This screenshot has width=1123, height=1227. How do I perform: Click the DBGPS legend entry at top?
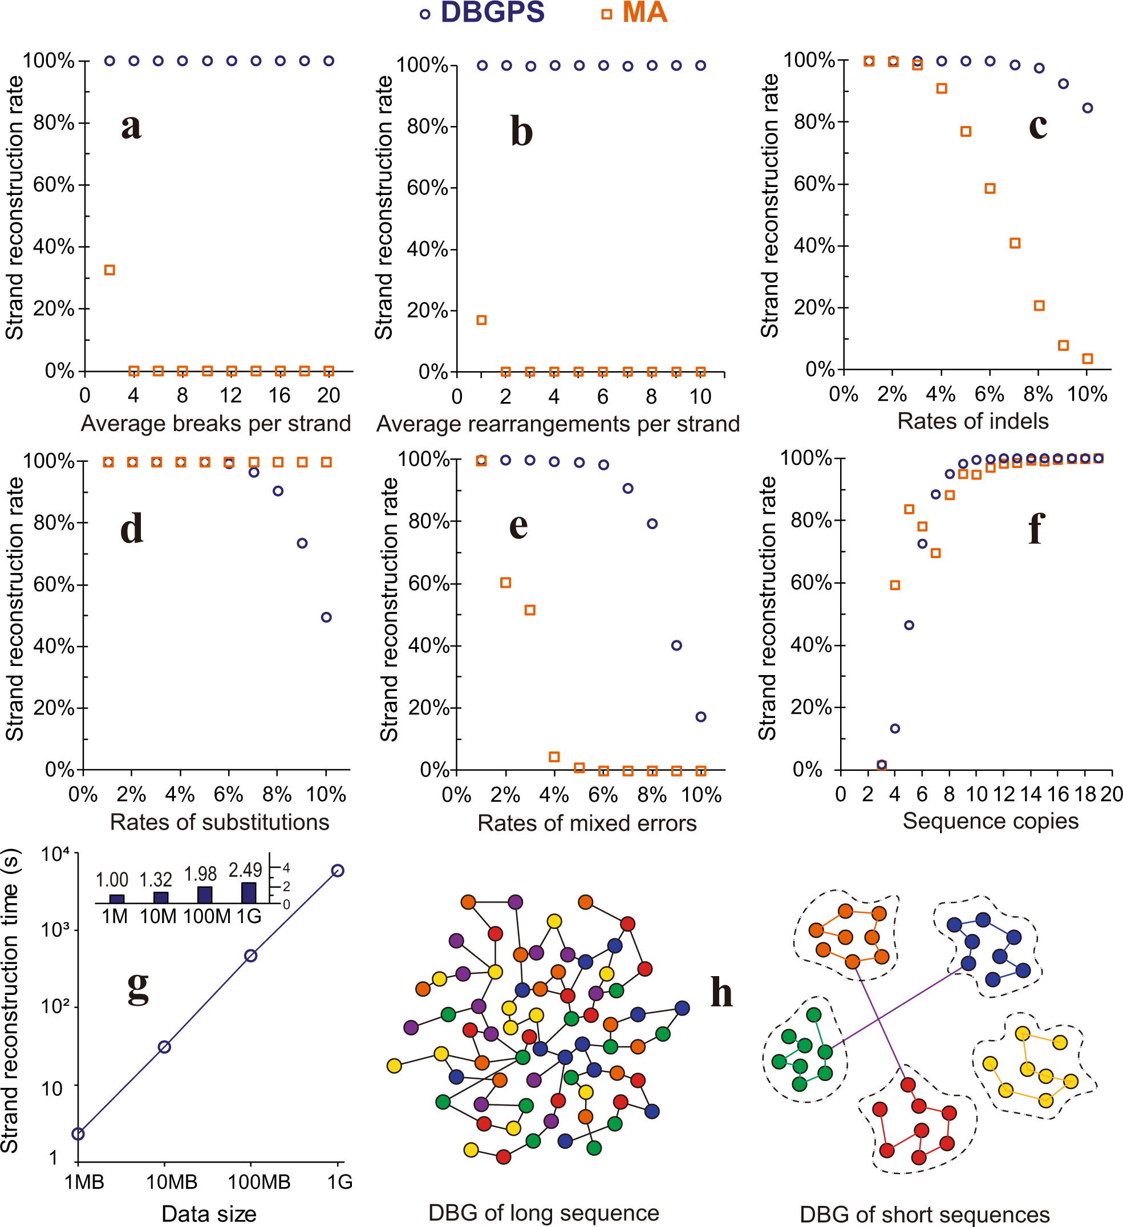[x=482, y=13]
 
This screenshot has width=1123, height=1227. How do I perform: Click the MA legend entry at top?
[x=634, y=13]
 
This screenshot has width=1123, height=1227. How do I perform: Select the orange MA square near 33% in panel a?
[x=110, y=270]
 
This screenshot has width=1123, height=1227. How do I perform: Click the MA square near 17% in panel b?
[x=481, y=320]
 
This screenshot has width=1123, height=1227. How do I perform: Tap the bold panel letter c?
[x=1038, y=126]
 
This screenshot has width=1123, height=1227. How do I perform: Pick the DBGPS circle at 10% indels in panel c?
[x=1088, y=108]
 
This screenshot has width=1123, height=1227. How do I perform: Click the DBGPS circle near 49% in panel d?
[x=326, y=617]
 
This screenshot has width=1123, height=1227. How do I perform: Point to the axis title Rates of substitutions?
[x=219, y=822]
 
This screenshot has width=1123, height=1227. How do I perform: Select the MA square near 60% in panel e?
[x=505, y=583]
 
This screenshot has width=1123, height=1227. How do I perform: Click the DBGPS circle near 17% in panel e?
[x=700, y=717]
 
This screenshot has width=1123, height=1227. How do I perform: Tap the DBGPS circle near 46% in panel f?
[x=909, y=625]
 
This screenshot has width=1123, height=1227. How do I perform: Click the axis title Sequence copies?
[x=990, y=821]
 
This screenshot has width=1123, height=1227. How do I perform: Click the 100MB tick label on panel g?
[x=259, y=1182]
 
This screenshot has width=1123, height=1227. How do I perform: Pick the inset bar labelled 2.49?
[x=249, y=892]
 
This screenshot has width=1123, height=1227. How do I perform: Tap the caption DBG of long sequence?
[x=544, y=1212]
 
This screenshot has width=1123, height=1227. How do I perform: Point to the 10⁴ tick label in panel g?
[x=59, y=855]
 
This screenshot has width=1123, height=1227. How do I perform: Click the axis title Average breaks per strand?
[x=216, y=424]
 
